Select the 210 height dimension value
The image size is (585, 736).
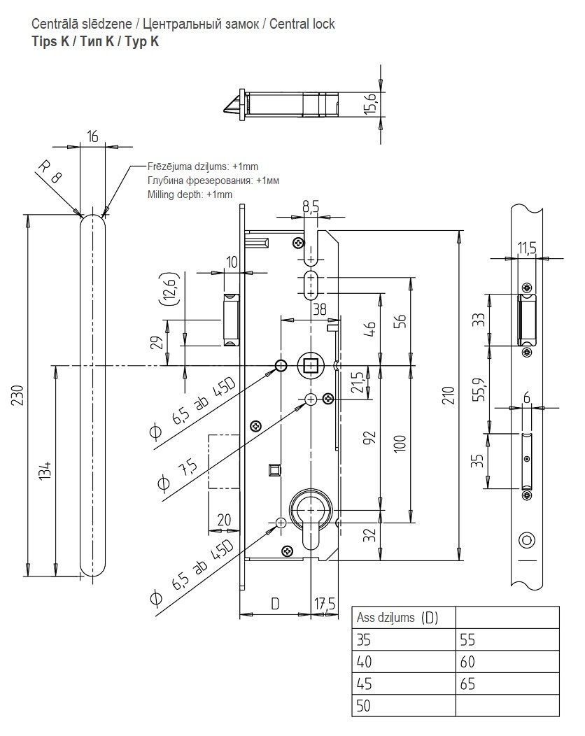pyautogui.click(x=449, y=396)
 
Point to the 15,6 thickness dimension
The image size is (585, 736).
pyautogui.click(x=372, y=104)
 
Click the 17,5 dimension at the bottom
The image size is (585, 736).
pyautogui.click(x=324, y=604)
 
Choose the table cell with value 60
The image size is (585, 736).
pyautogui.click(x=467, y=661)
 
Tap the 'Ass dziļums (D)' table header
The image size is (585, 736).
pyautogui.click(x=397, y=618)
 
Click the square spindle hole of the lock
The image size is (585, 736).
pyautogui.click(x=310, y=365)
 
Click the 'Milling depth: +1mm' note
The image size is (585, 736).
pyautogui.click(x=189, y=194)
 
